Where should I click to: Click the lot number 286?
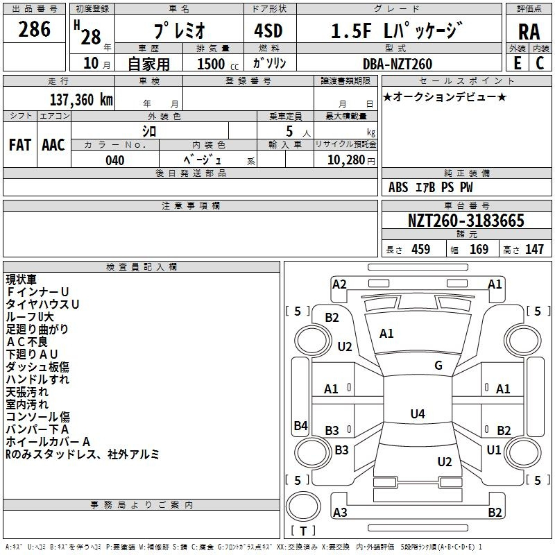tap(35, 29)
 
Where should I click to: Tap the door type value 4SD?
tap(272, 31)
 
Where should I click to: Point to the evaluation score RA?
tap(529, 31)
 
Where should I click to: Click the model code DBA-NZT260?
tap(398, 64)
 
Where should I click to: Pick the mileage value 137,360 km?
tap(81, 99)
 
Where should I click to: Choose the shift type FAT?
tap(19, 145)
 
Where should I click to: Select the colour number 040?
tap(115, 160)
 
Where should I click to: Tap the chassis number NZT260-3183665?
tap(466, 221)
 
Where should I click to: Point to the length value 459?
tap(420, 250)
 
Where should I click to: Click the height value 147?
tap(534, 250)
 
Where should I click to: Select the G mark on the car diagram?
tap(438, 366)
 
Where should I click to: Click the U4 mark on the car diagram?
tap(417, 414)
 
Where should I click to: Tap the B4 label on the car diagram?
tap(300, 425)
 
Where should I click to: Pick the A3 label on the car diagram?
tap(340, 512)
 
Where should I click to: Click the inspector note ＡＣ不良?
tap(27, 341)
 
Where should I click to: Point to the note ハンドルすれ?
tap(37, 379)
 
